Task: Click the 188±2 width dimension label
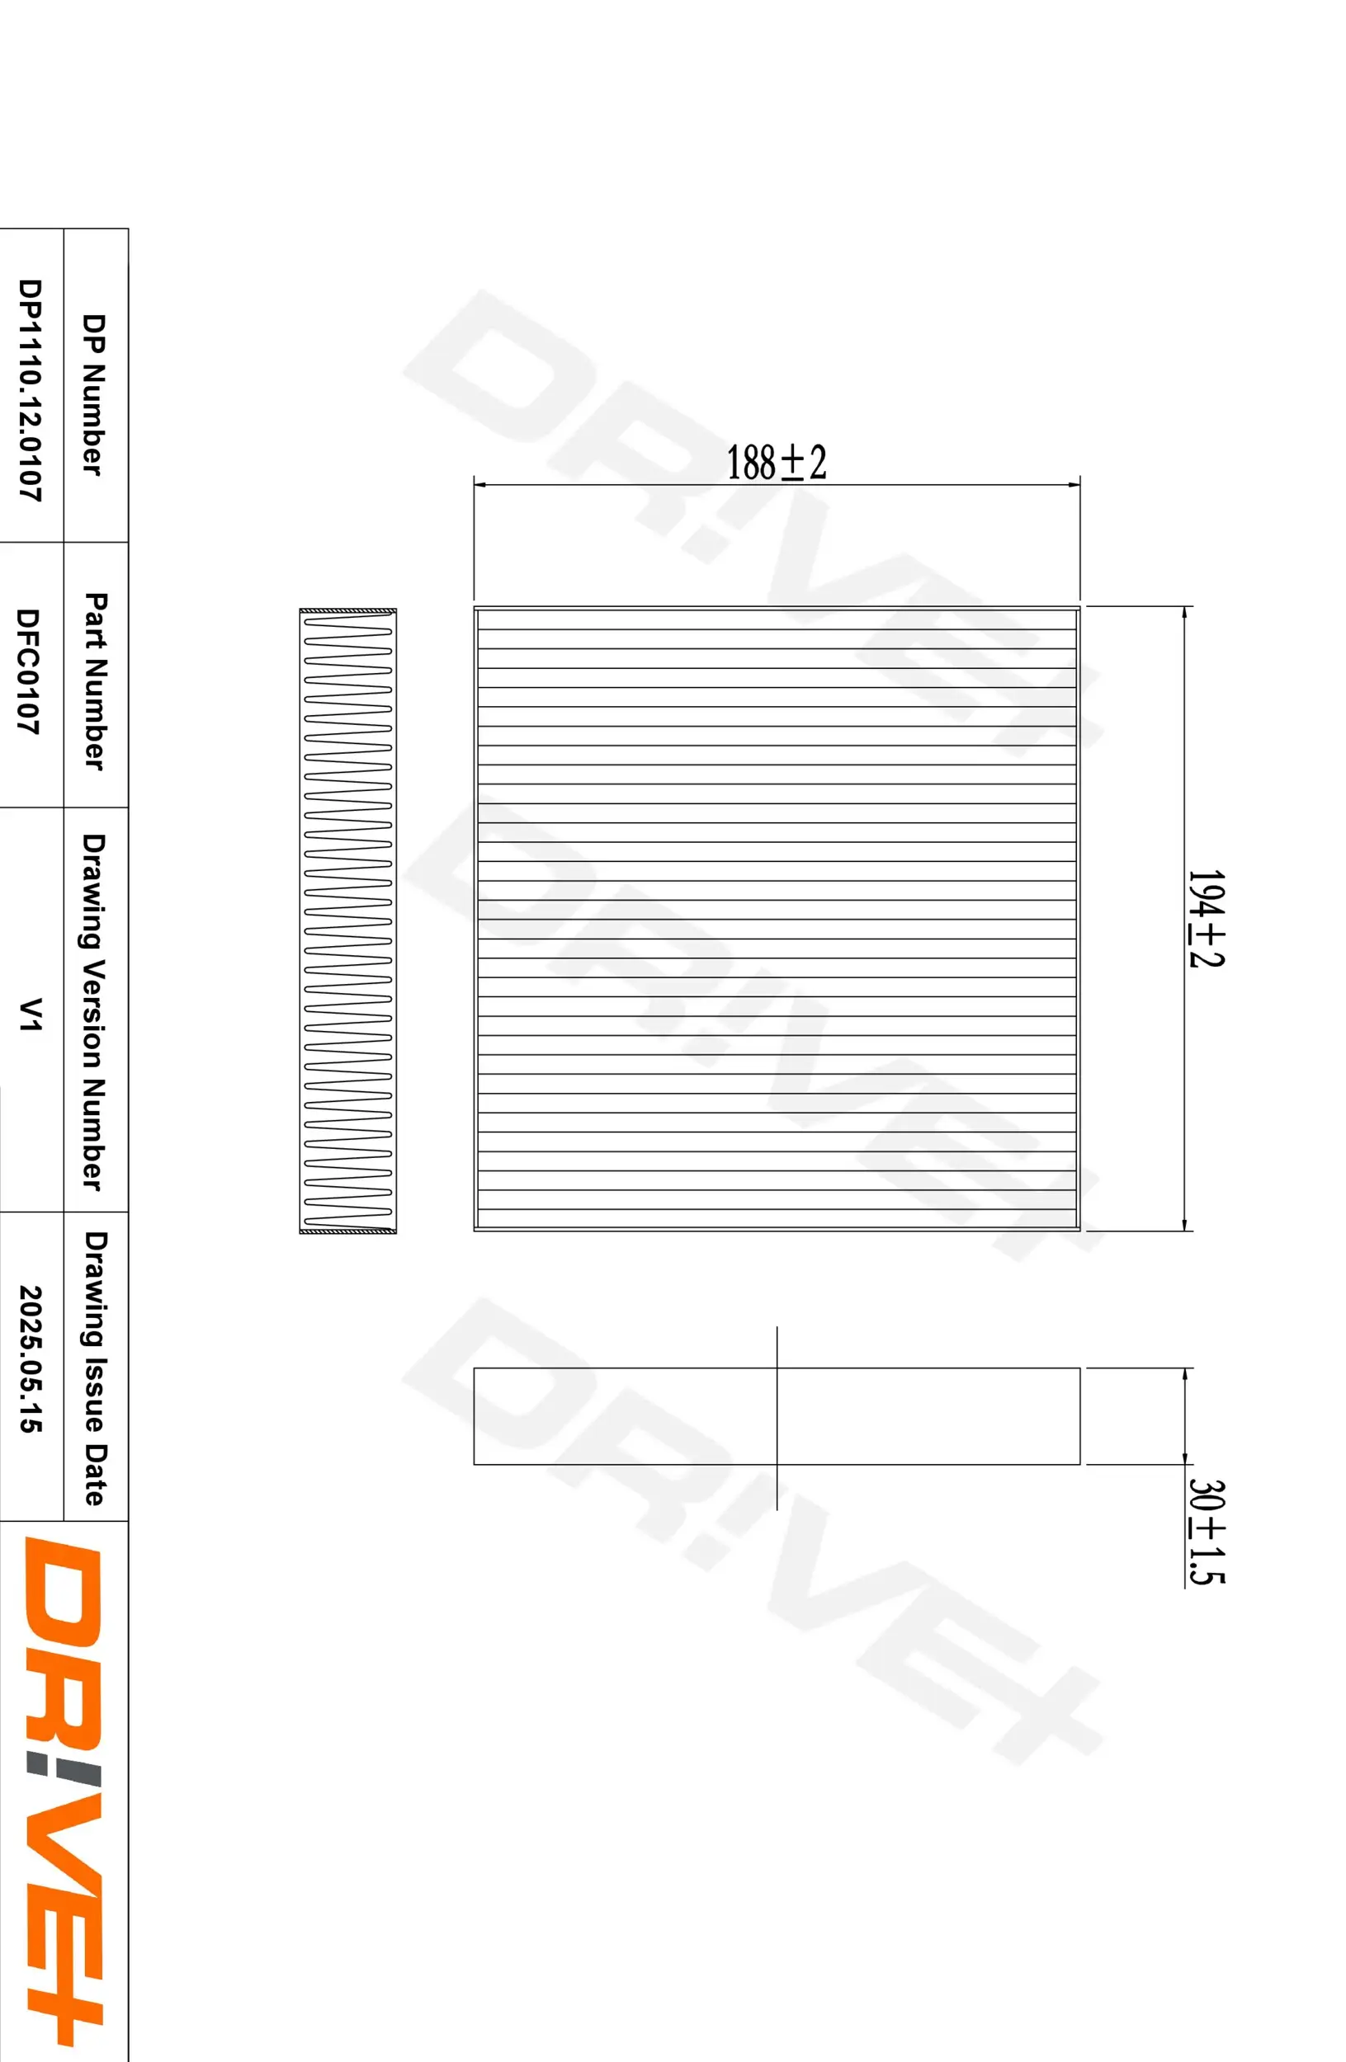point(776,463)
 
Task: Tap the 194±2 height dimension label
point(1205,918)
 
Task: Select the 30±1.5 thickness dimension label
point(1205,1532)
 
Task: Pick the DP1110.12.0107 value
point(31,390)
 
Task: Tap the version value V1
point(31,1014)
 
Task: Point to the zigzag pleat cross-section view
point(347,920)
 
